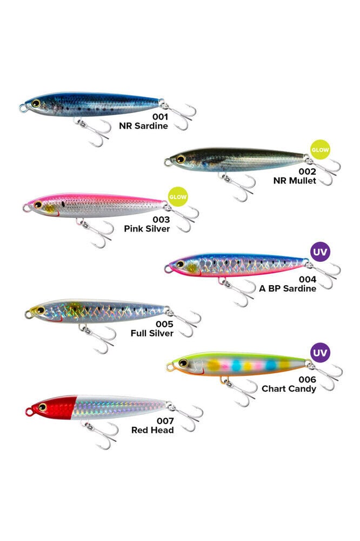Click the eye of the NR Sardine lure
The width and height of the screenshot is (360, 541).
[36, 103]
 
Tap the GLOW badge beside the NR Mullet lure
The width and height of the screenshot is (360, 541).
[320, 150]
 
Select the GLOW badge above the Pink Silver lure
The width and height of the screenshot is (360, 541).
[178, 197]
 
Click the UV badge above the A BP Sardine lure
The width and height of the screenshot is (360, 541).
[321, 252]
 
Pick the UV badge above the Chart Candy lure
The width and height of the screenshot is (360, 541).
[321, 353]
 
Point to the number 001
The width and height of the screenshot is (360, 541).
[160, 117]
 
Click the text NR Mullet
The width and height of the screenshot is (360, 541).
[295, 181]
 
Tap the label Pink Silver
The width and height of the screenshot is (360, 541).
[147, 228]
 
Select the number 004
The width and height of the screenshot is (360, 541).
[308, 279]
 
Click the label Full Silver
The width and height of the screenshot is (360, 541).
[152, 333]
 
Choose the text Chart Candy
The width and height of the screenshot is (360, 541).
[289, 388]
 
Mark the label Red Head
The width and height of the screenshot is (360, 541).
[152, 430]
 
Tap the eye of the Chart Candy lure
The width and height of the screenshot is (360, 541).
[183, 363]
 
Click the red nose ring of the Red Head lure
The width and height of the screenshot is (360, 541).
[29, 411]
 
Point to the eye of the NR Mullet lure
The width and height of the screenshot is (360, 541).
[181, 159]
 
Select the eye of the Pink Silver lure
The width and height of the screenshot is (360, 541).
[38, 204]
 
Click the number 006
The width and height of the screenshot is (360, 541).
[308, 380]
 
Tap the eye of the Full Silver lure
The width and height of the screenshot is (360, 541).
[41, 310]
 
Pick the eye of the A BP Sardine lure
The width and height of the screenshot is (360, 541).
[180, 265]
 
